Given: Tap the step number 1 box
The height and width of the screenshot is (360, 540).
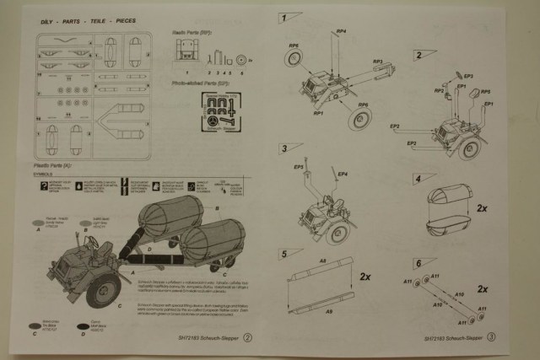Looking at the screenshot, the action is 287,17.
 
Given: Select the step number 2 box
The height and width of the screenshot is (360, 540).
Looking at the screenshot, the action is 418,55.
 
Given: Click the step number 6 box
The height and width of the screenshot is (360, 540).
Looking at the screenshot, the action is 418,263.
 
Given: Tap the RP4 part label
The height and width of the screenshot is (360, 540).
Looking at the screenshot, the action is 340,32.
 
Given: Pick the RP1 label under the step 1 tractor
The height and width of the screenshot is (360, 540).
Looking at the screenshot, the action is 319,112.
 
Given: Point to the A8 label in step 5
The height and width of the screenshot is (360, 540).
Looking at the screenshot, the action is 323,262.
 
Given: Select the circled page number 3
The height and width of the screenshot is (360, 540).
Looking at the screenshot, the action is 491,337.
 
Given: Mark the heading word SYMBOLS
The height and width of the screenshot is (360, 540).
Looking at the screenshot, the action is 44,175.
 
